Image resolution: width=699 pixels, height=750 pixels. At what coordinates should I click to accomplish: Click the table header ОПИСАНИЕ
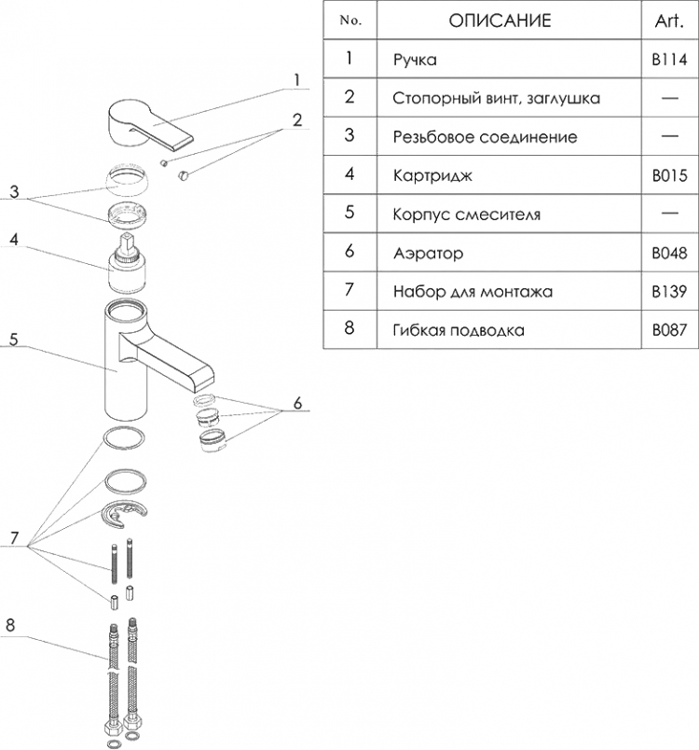point(500,21)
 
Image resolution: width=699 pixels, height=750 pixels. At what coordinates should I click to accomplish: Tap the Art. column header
point(669,21)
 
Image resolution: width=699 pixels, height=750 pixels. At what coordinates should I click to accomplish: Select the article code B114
point(669,60)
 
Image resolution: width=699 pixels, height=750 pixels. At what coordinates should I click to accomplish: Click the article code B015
point(669,175)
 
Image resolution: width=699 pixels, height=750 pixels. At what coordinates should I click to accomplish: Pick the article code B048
point(669,253)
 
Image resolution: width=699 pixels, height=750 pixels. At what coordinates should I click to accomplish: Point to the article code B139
point(669,291)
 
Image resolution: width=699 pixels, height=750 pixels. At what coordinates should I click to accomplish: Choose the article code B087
point(669,330)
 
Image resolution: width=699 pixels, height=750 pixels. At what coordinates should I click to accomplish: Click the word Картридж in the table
point(432,176)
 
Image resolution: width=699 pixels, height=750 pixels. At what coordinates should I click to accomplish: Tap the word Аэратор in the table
point(428,253)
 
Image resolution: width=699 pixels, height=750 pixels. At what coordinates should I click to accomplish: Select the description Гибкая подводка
point(459,330)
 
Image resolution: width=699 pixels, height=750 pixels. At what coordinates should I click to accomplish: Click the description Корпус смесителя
point(467,215)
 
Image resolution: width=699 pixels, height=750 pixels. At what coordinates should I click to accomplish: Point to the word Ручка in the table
point(415,61)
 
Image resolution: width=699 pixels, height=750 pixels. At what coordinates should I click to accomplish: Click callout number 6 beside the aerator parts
point(297,403)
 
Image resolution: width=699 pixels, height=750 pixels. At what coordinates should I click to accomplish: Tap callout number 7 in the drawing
point(14,538)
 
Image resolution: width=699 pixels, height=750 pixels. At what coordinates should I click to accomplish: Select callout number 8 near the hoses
point(10,625)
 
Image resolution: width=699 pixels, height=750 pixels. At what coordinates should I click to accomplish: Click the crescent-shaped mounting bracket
point(125,513)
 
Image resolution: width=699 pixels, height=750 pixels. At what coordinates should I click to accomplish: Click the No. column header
point(350,21)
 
